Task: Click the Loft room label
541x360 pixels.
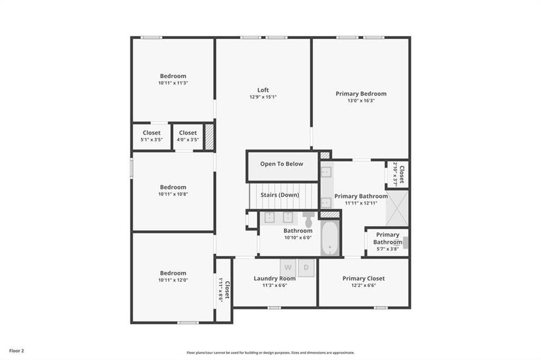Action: point(263,90)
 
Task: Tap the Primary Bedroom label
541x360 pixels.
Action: point(361,94)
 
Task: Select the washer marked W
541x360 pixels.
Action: point(288,267)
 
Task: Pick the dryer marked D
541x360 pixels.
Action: point(306,267)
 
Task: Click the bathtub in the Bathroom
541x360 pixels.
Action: point(330,239)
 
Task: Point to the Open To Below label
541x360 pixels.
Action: point(282,164)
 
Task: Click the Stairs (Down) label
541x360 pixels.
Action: point(280,195)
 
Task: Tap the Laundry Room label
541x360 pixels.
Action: point(275,278)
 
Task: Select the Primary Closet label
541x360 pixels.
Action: point(363,278)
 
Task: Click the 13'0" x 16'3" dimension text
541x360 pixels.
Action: point(361,101)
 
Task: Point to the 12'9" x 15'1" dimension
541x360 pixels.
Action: point(263,97)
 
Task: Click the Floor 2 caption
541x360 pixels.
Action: point(16,350)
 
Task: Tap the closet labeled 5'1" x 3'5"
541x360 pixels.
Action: point(151,136)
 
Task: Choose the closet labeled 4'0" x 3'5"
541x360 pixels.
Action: point(187,136)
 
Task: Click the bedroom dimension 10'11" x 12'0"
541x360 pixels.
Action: point(173,280)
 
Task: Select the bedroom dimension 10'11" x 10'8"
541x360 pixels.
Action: point(173,194)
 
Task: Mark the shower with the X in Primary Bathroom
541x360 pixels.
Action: point(397,208)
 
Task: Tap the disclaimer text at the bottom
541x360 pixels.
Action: point(270,353)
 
